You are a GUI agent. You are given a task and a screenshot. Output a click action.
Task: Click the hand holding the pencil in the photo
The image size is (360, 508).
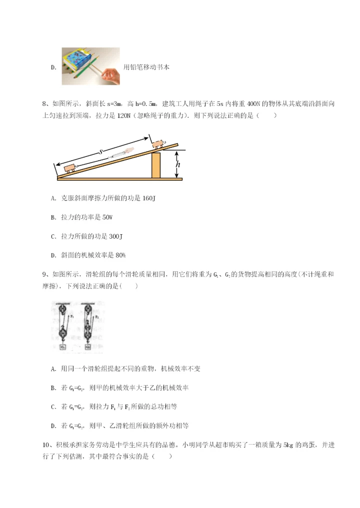(110, 75)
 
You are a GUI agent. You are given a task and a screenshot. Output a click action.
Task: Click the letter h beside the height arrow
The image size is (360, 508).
(179, 161)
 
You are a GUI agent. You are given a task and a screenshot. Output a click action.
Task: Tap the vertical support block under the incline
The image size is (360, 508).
(156, 165)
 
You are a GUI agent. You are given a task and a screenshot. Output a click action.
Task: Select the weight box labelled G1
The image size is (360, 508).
(62, 347)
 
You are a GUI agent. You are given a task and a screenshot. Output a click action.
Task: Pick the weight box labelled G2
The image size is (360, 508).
(88, 347)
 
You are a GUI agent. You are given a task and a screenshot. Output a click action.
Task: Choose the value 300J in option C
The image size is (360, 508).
(115, 236)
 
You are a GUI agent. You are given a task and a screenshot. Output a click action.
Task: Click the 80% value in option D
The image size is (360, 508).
(120, 255)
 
